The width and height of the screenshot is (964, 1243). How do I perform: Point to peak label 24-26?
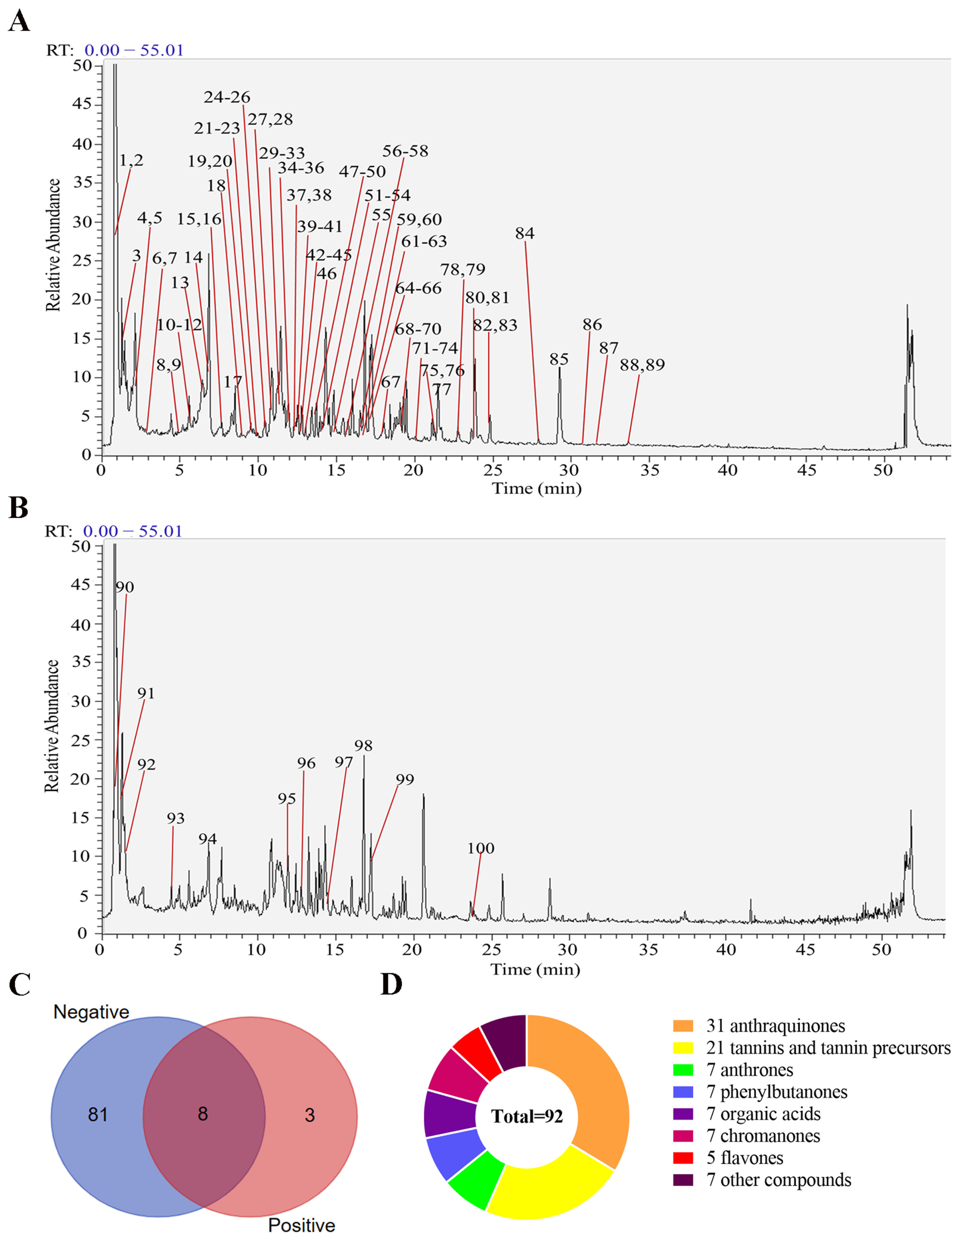tap(227, 97)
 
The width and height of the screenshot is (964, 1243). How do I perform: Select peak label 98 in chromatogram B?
tap(363, 746)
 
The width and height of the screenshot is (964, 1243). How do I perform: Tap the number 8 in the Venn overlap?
tap(203, 1114)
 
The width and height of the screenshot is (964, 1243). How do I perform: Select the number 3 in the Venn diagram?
tap(310, 1115)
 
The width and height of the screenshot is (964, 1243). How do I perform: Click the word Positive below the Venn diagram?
tap(302, 1225)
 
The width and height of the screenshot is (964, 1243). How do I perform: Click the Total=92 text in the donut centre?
tap(527, 1117)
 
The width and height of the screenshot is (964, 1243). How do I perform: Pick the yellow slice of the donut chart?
tap(546, 1187)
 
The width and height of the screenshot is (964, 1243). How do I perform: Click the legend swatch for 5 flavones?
tap(683, 1158)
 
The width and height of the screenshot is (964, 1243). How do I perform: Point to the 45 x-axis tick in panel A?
tap(806, 470)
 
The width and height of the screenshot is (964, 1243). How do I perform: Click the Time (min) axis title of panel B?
tap(535, 969)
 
